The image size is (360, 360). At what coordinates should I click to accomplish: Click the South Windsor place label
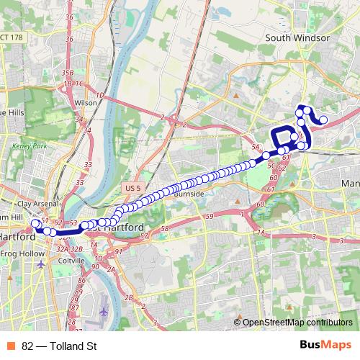pos(297,37)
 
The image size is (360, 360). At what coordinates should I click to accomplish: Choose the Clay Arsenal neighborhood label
pos(35,204)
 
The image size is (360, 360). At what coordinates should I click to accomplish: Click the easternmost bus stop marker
pos(324,120)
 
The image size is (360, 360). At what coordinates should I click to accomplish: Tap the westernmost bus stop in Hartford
pos(35,224)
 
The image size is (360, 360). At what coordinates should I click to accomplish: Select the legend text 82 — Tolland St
pos(59,346)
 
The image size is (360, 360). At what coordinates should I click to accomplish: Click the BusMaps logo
pos(326,346)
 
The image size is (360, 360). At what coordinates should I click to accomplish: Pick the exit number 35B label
pos(68,73)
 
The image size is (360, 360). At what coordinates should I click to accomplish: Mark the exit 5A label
pos(255,147)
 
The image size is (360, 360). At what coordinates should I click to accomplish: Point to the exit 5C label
pos(272,165)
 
